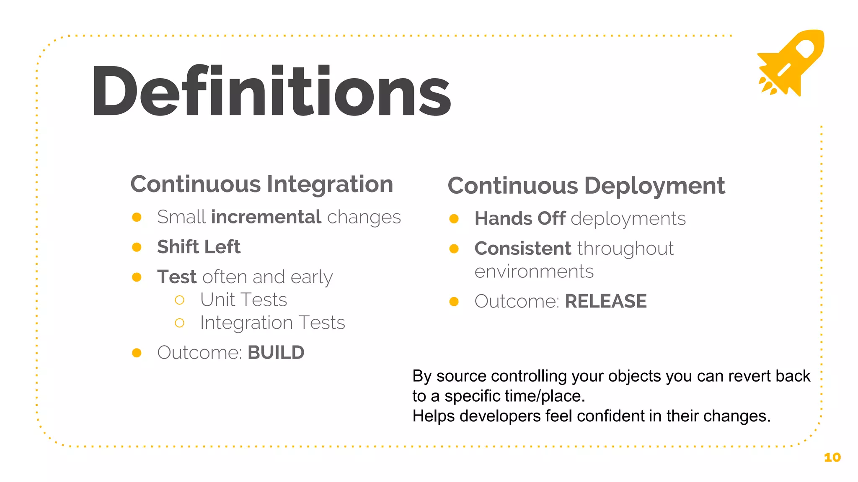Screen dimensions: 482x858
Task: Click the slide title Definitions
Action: pyautogui.click(x=271, y=91)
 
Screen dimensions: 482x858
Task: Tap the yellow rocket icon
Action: pyautogui.click(x=791, y=63)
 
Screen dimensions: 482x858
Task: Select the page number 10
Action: pyautogui.click(x=832, y=457)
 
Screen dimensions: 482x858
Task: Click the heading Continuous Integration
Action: pyautogui.click(x=262, y=184)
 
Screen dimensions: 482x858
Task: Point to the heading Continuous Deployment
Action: pyautogui.click(x=586, y=186)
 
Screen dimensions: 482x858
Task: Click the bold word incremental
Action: pyautogui.click(x=266, y=217)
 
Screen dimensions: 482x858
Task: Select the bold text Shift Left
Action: pyautogui.click(x=199, y=247)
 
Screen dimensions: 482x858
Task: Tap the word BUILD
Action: pyautogui.click(x=276, y=353)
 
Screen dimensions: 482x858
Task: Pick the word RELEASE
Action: pyautogui.click(x=605, y=301)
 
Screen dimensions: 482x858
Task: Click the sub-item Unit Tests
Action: pyautogui.click(x=243, y=300)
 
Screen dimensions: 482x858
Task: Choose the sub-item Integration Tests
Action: pyautogui.click(x=272, y=323)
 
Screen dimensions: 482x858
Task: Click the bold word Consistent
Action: pyautogui.click(x=522, y=249)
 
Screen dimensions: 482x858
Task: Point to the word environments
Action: pyautogui.click(x=534, y=272)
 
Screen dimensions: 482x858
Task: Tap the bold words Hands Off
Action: pyautogui.click(x=520, y=218)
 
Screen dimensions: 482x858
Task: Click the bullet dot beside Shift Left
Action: pyautogui.click(x=137, y=247)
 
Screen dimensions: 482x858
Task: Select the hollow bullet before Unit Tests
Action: pyautogui.click(x=180, y=300)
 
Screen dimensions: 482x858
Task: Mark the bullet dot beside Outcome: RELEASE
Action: pyautogui.click(x=454, y=302)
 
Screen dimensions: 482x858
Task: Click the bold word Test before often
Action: pyautogui.click(x=176, y=277)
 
